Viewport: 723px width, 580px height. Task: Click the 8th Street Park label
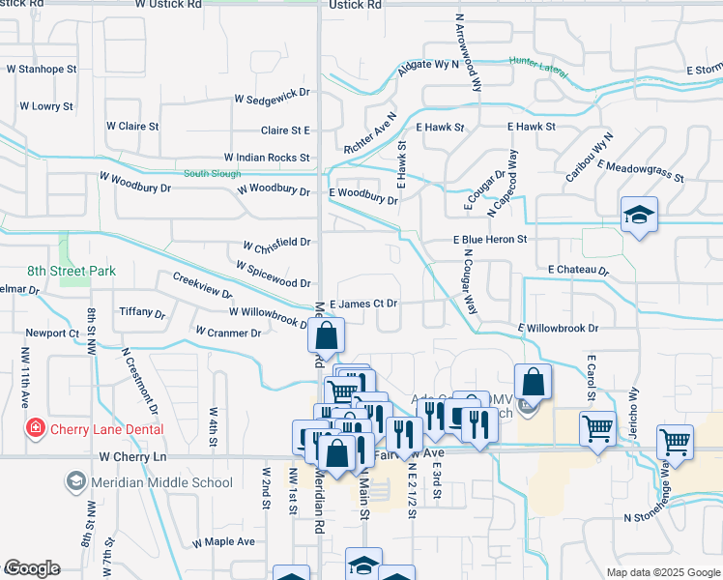[x=71, y=272]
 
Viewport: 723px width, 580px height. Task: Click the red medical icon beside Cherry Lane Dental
[x=36, y=427]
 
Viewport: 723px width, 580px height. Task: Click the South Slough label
[x=211, y=174]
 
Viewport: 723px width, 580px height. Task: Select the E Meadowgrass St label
[x=640, y=171]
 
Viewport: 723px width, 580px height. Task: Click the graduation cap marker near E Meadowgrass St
[x=639, y=216]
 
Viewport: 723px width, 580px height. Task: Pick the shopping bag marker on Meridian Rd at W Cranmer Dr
[x=327, y=337]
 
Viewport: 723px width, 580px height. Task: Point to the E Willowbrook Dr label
[x=559, y=329]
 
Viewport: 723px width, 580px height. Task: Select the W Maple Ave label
[x=223, y=542]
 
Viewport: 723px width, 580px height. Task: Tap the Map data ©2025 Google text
[x=662, y=572]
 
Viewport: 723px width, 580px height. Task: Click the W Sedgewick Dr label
[x=272, y=99]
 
